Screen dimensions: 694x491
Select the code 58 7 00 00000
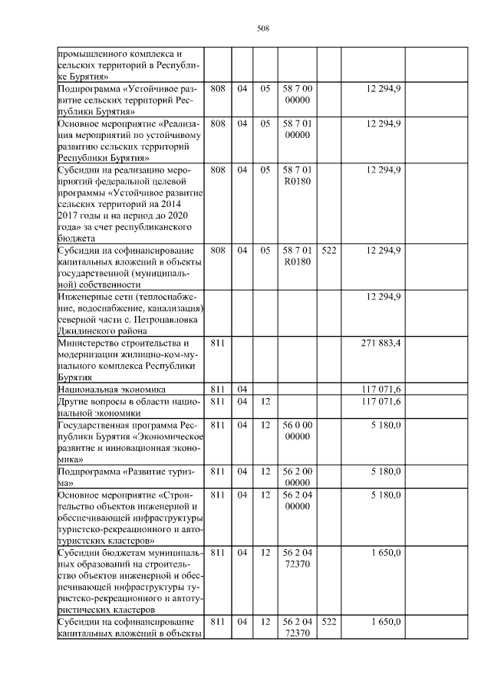point(296,94)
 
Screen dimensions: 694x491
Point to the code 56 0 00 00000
point(296,431)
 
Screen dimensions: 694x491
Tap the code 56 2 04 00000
point(296,502)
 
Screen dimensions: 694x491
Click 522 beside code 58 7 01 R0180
point(329,251)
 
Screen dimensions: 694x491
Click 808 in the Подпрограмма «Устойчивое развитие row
point(217,89)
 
